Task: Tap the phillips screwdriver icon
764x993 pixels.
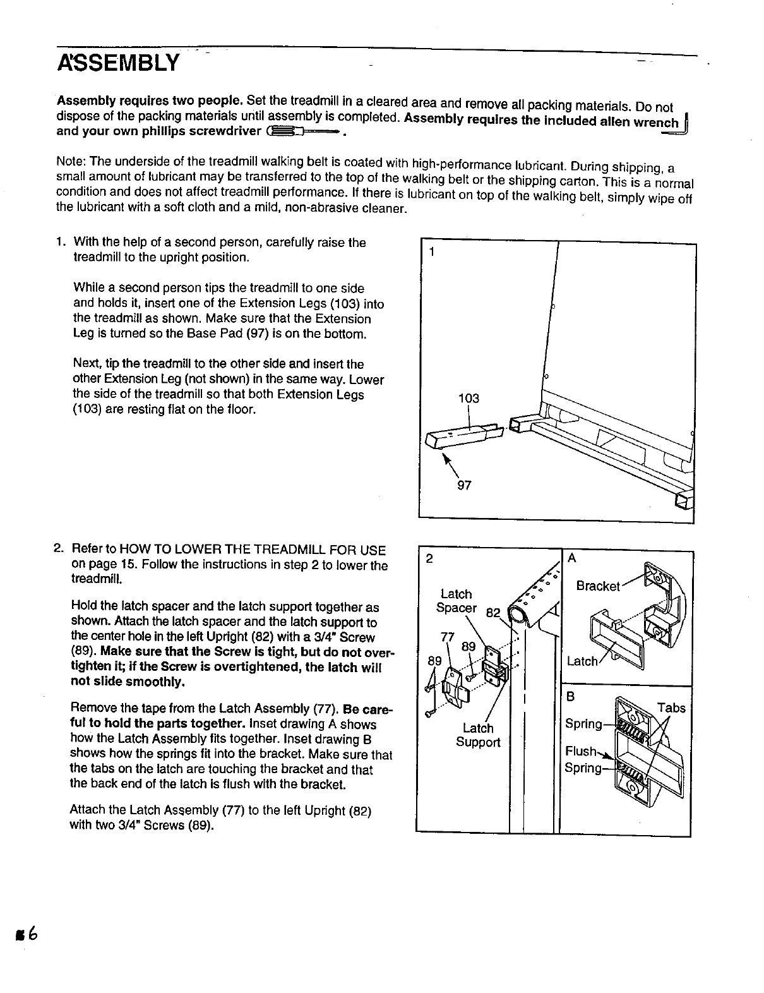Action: tap(304, 131)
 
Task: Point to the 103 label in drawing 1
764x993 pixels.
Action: tap(469, 399)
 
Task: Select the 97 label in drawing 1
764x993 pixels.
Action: tap(464, 486)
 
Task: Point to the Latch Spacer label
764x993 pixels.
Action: tap(456, 601)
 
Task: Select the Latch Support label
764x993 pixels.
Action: tap(478, 735)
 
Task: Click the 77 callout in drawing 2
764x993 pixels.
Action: tap(447, 636)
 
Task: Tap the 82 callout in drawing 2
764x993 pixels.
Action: tap(493, 611)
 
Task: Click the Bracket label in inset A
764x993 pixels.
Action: tap(598, 586)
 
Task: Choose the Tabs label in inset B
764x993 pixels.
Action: tap(671, 708)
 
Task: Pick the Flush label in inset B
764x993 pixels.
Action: tap(581, 751)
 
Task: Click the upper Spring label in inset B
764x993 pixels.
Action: tap(583, 724)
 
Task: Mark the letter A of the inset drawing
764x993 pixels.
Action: tap(573, 558)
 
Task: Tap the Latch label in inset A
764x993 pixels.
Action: tap(582, 661)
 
